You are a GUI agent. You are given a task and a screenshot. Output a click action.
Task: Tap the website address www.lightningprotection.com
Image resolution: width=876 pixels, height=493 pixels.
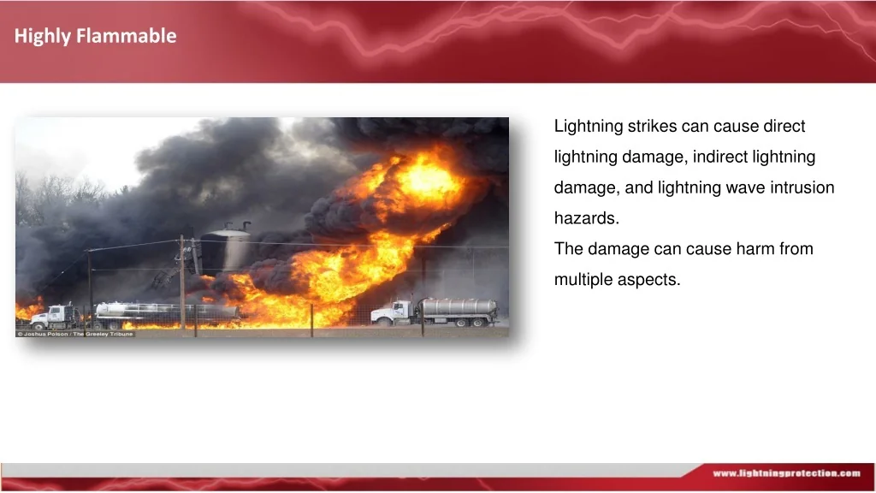[787, 473]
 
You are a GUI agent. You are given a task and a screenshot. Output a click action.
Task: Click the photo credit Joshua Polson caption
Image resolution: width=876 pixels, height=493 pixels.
[75, 334]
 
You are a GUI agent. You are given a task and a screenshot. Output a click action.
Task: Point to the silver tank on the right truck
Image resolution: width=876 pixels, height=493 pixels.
[459, 306]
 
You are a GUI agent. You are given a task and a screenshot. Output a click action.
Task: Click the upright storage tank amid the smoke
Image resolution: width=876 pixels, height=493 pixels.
[226, 251]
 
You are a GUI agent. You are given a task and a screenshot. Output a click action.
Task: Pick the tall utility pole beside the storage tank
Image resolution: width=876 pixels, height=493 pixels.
[182, 282]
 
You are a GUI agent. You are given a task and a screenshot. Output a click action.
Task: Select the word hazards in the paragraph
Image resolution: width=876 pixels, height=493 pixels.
[587, 218]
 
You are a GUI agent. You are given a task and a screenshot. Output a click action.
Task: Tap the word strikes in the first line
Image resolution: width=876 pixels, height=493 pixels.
[652, 126]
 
